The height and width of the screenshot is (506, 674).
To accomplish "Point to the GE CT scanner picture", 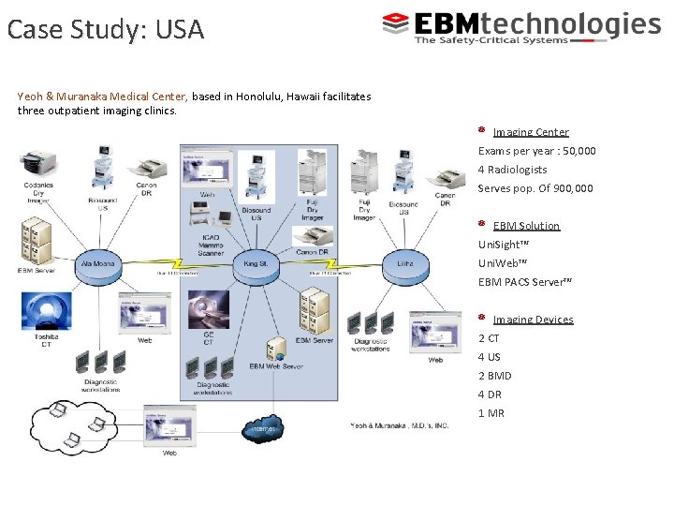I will [208, 310].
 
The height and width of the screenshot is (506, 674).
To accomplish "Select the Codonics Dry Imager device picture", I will [39, 167].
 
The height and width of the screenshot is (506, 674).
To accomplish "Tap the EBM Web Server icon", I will [276, 351].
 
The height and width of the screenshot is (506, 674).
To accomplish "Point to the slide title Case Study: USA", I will [105, 30].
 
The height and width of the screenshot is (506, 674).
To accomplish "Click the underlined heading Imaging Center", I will [530, 132].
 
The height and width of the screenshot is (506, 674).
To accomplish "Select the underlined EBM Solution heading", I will [526, 226].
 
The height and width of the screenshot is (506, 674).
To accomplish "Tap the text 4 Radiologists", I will [512, 170].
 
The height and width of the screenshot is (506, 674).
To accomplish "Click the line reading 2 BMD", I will [495, 376].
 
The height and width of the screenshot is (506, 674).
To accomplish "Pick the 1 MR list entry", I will [491, 413].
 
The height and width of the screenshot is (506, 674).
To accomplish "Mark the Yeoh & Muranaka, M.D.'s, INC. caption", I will [399, 425].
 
